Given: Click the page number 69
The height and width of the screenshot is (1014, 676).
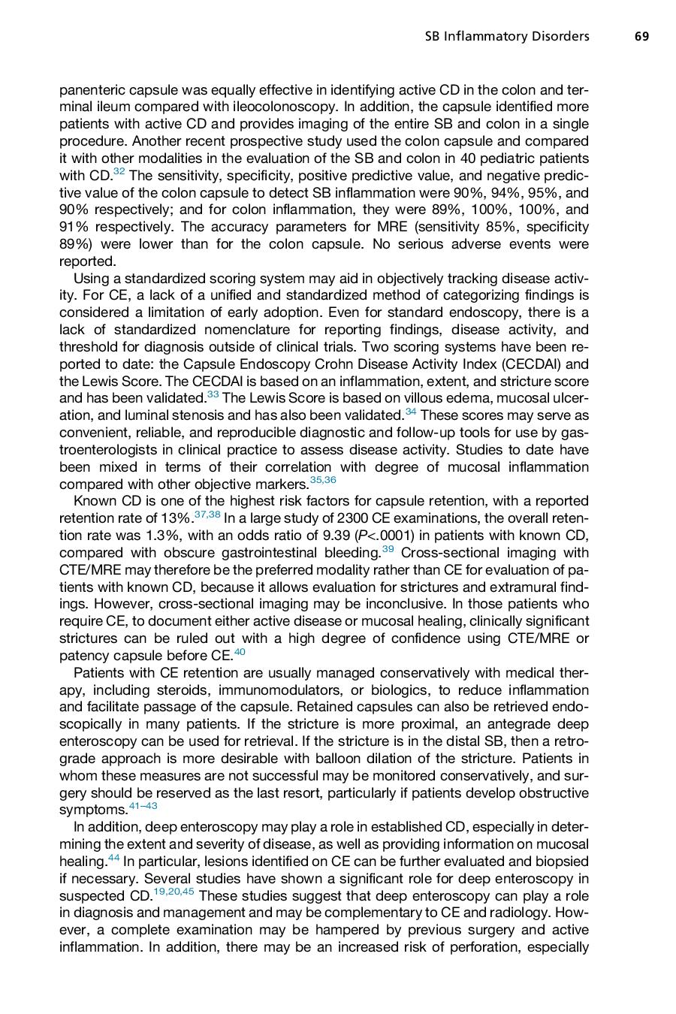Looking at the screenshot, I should point(641,36).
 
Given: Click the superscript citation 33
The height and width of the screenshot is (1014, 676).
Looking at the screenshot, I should point(213,394).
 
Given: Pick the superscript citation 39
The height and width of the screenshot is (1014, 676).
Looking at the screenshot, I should point(388,549).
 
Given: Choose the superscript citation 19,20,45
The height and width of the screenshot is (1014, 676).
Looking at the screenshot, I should point(174,892).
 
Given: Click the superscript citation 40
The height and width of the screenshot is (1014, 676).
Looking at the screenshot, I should point(240,652).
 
